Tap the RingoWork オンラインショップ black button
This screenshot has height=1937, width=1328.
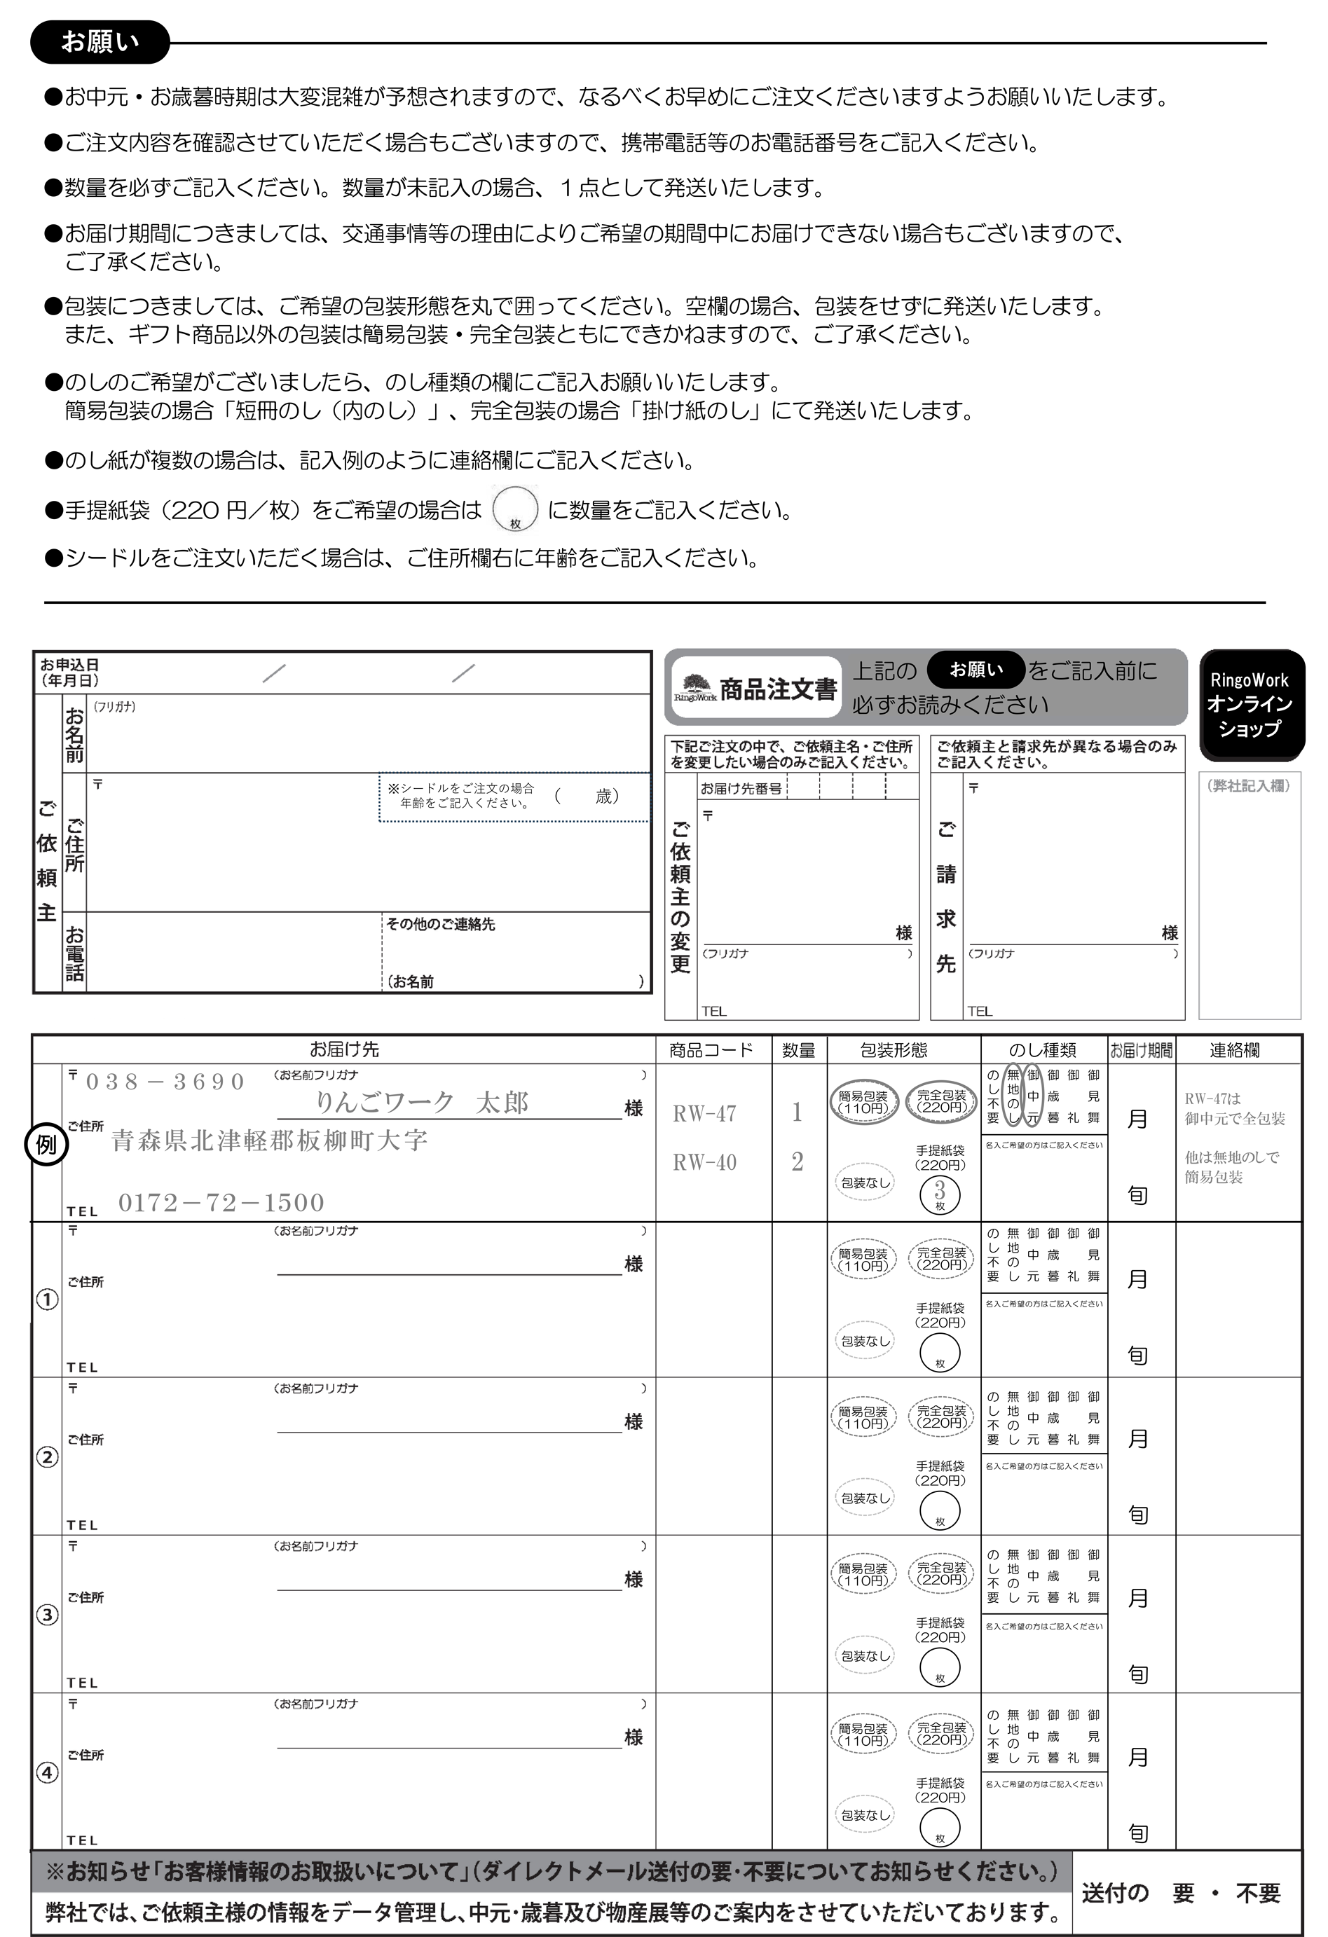coord(1250,704)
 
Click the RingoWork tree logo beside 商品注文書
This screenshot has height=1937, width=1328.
coord(694,688)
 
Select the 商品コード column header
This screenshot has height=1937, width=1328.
coord(711,1050)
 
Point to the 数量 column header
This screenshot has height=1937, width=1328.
coord(798,1050)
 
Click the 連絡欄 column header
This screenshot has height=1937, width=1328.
coord(1235,1050)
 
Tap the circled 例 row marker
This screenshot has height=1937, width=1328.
coord(46,1145)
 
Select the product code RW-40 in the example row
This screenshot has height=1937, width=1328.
coord(704,1162)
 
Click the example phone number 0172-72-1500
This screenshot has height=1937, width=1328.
coord(221,1203)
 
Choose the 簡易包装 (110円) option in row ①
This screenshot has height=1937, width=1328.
coord(863,1260)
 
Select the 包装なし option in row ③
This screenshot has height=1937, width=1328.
coord(865,1656)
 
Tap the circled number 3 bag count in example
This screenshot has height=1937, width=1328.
coord(940,1194)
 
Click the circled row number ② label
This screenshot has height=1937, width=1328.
coord(48,1458)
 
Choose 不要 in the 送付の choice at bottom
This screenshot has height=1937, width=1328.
coord(1257,1894)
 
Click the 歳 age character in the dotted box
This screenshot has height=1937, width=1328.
coord(603,796)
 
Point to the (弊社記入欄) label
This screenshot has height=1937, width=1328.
coord(1249,785)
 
